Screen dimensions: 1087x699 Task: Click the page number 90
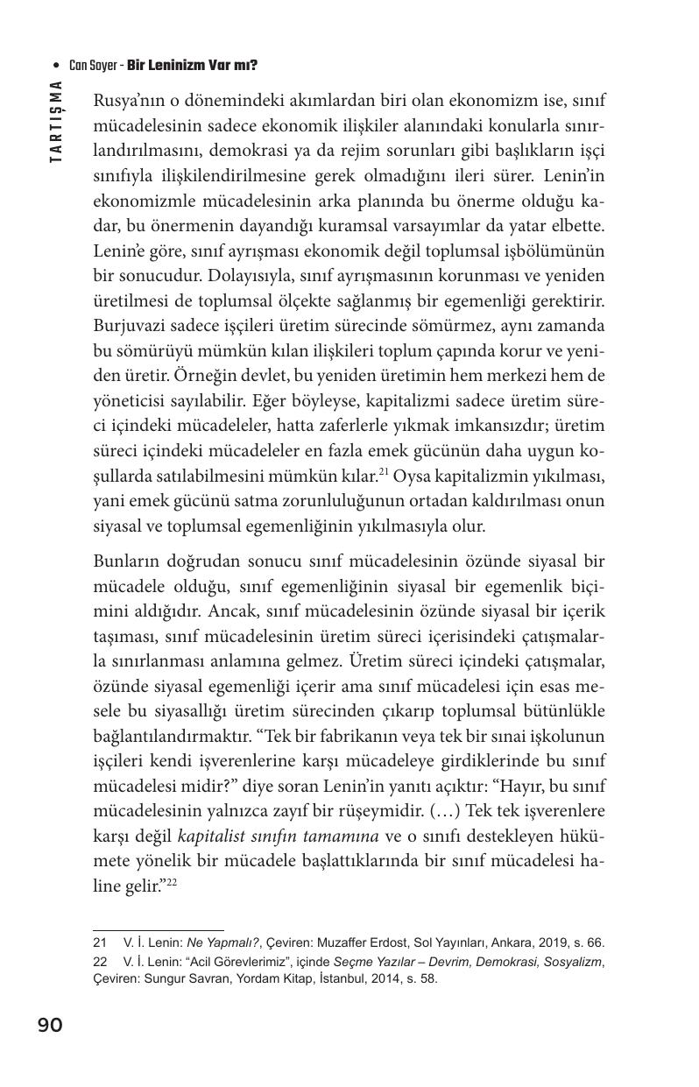pos(50,1025)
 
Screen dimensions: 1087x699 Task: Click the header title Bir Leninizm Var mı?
pos(192,66)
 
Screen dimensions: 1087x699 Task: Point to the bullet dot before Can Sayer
pos(57,66)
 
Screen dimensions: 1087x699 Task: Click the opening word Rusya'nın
pos(130,100)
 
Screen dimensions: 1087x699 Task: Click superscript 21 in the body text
pos(383,472)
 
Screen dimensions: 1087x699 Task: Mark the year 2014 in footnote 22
pos(389,978)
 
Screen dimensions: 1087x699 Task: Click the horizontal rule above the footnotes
pos(158,929)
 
